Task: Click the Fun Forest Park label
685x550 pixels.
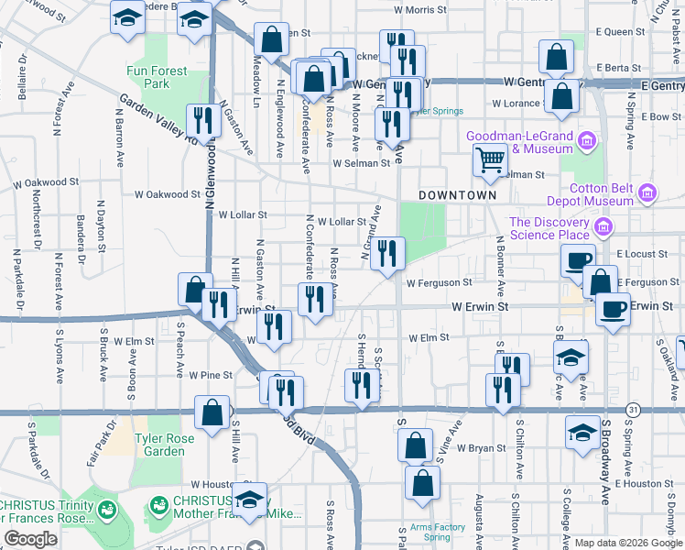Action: pyautogui.click(x=157, y=77)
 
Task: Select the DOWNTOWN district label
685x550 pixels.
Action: pyautogui.click(x=457, y=196)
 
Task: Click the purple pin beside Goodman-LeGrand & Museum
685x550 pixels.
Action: pyautogui.click(x=587, y=140)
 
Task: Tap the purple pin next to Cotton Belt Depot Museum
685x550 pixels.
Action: pyautogui.click(x=647, y=192)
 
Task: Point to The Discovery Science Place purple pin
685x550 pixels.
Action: pyautogui.click(x=603, y=227)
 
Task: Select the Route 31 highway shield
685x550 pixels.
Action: pyautogui.click(x=632, y=407)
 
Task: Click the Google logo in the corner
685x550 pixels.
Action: pyautogui.click(x=30, y=539)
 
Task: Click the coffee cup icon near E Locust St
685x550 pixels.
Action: pyautogui.click(x=577, y=259)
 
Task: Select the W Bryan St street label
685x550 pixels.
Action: pyautogui.click(x=481, y=448)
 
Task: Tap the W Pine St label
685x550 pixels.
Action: pyautogui.click(x=211, y=375)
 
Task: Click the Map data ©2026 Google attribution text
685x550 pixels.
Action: pyautogui.click(x=626, y=543)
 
